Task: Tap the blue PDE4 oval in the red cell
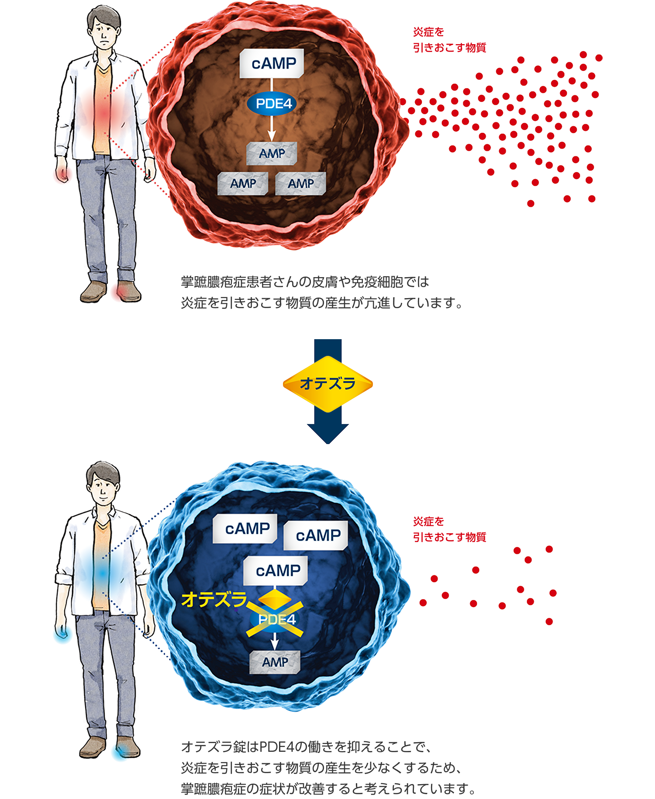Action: tap(272, 104)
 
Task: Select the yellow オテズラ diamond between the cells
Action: tap(327, 384)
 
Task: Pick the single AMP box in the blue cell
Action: tap(275, 662)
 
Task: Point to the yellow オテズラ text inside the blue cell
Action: tap(214, 599)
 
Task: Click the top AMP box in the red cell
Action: tap(272, 153)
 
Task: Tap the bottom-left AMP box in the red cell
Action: tap(243, 184)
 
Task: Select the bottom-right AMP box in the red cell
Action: tap(300, 184)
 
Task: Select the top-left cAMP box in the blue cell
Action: tap(247, 529)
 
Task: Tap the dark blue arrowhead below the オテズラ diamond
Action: tap(327, 433)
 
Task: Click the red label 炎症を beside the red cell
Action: tap(428, 32)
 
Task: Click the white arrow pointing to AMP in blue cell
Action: tap(274, 641)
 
